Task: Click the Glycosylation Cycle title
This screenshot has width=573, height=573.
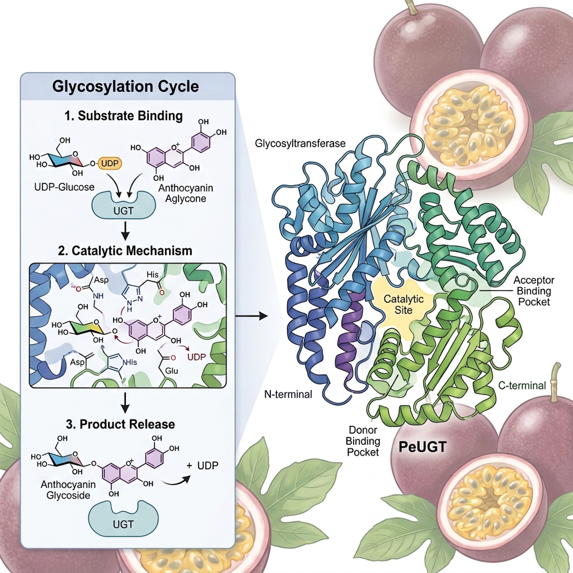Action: pos(126,86)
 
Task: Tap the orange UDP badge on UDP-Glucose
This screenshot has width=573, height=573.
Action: pos(110,164)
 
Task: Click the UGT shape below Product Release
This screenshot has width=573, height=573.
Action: pos(123,523)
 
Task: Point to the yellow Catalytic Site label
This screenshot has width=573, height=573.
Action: pos(403,304)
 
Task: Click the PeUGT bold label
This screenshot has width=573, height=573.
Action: pos(422,447)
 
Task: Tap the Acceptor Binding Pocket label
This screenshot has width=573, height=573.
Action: pos(533,291)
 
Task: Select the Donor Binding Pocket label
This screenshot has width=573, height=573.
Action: pos(363,441)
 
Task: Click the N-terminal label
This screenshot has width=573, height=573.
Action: pos(288,394)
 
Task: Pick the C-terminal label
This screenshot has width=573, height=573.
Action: pos(522,385)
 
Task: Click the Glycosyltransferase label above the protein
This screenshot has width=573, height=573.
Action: pos(300,143)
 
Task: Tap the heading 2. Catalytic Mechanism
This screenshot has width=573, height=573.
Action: pos(125,251)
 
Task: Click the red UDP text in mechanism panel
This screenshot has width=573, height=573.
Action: pos(196,357)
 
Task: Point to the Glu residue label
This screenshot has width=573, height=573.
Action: pos(171,371)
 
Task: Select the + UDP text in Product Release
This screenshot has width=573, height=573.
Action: pos(203,465)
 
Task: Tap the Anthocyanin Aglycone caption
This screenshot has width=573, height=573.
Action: pos(186,193)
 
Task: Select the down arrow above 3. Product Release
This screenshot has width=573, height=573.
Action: pos(125,403)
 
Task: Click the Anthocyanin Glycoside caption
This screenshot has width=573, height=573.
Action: pos(68,490)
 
